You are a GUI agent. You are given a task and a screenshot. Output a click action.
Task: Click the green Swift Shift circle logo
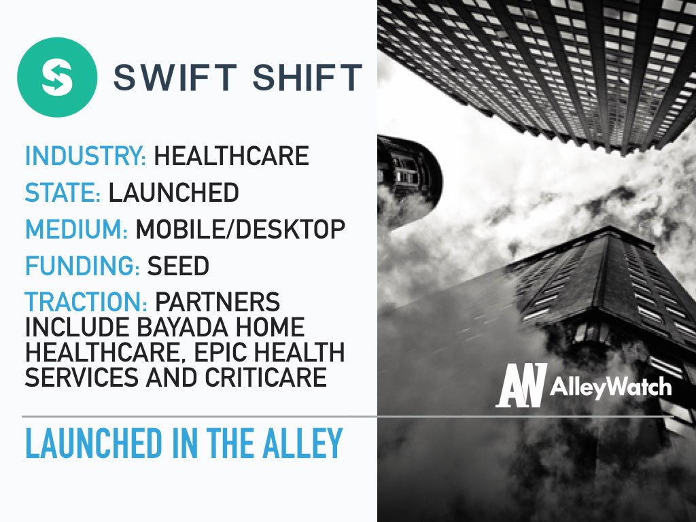point(57,77)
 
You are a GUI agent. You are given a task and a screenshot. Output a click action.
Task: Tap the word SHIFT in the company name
point(307,77)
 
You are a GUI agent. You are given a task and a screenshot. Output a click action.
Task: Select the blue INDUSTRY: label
point(86,156)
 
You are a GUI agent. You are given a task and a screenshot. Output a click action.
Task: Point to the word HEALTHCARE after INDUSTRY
point(231,156)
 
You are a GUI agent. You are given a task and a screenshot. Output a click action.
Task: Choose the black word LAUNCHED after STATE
point(174,192)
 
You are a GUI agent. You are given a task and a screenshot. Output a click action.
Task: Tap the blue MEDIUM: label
point(77,229)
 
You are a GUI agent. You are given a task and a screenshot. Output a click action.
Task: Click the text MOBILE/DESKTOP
point(241,229)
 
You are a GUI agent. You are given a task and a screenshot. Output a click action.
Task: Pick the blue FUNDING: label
point(82,266)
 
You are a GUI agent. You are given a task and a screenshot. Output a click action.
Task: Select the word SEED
point(178,266)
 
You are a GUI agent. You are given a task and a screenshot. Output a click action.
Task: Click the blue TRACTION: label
point(86,302)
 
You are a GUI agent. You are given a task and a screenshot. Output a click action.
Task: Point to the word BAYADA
point(182,327)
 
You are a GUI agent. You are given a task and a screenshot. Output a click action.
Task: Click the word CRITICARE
point(266,377)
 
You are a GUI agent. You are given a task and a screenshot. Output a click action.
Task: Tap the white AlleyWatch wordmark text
point(611,387)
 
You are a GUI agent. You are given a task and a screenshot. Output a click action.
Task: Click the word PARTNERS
point(217,302)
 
